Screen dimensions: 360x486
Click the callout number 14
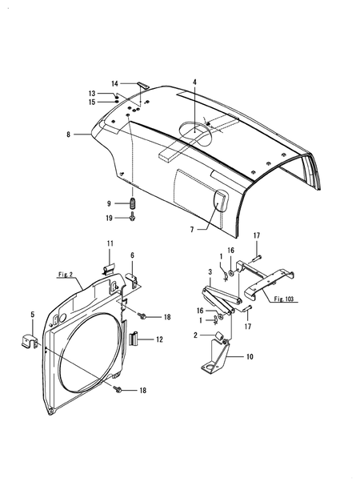point(115,84)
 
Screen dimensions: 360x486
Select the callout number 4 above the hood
point(194,82)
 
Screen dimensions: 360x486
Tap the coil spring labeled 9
point(134,203)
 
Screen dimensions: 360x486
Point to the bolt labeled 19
point(133,216)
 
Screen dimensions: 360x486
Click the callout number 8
point(69,135)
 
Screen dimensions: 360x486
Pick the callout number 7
point(192,230)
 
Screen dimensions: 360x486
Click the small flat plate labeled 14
point(143,85)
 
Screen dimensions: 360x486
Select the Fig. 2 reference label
point(66,275)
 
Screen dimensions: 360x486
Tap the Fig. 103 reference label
point(283,299)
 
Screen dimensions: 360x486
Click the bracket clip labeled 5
point(30,340)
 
